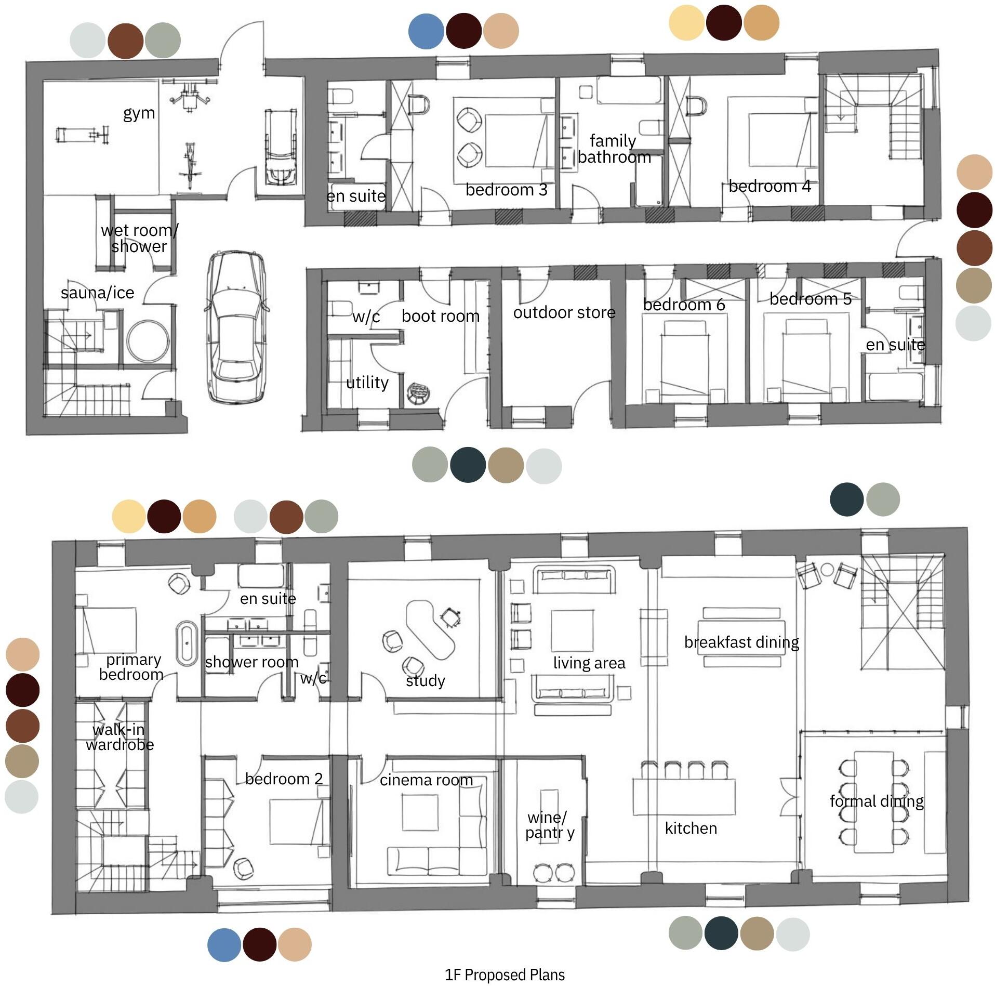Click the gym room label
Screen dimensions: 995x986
pos(139,113)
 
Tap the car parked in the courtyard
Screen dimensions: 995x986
pos(237,327)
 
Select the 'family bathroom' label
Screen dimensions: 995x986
pos(614,149)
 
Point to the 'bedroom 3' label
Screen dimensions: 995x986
pos(506,190)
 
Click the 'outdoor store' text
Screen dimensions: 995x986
pos(564,312)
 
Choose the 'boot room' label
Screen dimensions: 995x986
pos(441,315)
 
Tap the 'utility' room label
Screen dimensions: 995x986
pos(367,383)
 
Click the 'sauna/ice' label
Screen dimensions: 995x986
pos(98,293)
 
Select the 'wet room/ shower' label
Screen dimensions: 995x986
pos(139,238)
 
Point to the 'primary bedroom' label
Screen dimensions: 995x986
pos(132,667)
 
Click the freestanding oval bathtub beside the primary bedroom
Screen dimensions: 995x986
pos(187,643)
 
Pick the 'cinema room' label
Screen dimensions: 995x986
pos(426,780)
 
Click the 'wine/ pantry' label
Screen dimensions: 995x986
pos(550,825)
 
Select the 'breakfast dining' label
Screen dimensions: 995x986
pos(741,642)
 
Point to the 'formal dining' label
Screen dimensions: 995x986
pos(877,801)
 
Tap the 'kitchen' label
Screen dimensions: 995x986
pos(691,828)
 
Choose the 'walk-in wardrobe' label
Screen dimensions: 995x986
pos(120,737)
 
